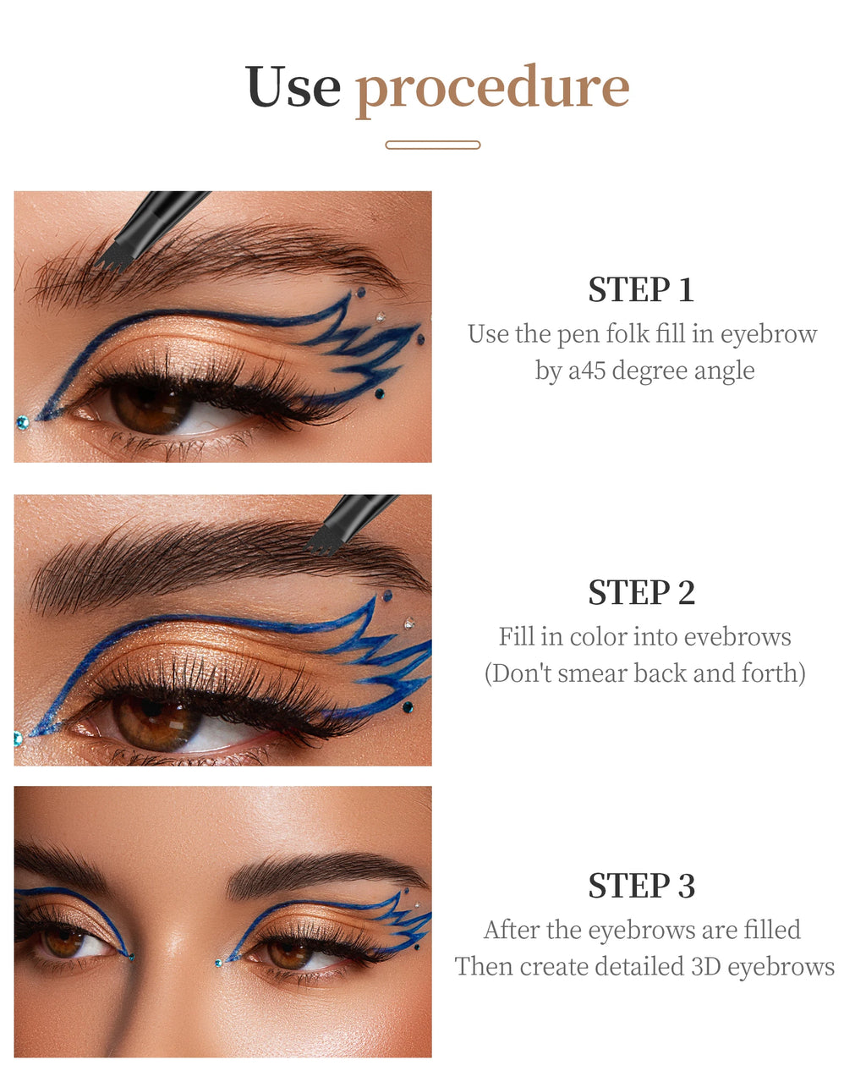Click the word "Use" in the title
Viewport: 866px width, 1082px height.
click(292, 87)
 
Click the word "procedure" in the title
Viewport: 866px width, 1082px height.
click(492, 89)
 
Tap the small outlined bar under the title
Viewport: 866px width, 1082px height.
click(432, 145)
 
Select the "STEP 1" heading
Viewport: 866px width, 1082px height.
click(641, 290)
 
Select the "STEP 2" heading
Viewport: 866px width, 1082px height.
click(641, 593)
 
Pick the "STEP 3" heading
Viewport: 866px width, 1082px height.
click(641, 886)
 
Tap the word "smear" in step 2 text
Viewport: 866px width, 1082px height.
click(592, 673)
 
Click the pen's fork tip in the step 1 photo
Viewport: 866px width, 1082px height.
click(117, 259)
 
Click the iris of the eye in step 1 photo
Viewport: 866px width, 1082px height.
click(152, 406)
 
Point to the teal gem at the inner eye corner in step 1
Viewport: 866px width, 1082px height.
click(22, 422)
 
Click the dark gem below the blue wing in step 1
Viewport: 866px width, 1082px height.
click(379, 393)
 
